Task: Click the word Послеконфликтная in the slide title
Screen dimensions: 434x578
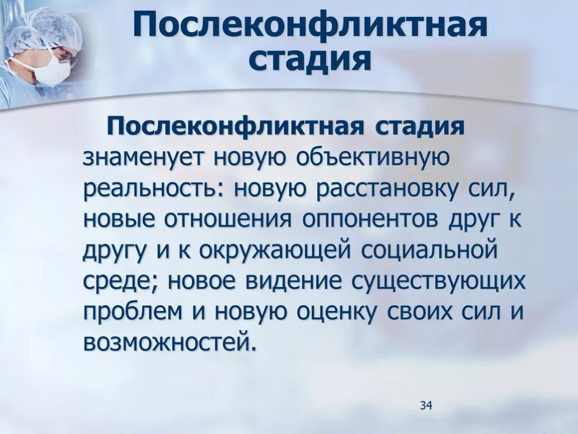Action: coord(310,27)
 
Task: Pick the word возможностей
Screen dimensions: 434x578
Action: coord(167,342)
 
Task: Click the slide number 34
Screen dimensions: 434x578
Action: coord(426,405)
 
